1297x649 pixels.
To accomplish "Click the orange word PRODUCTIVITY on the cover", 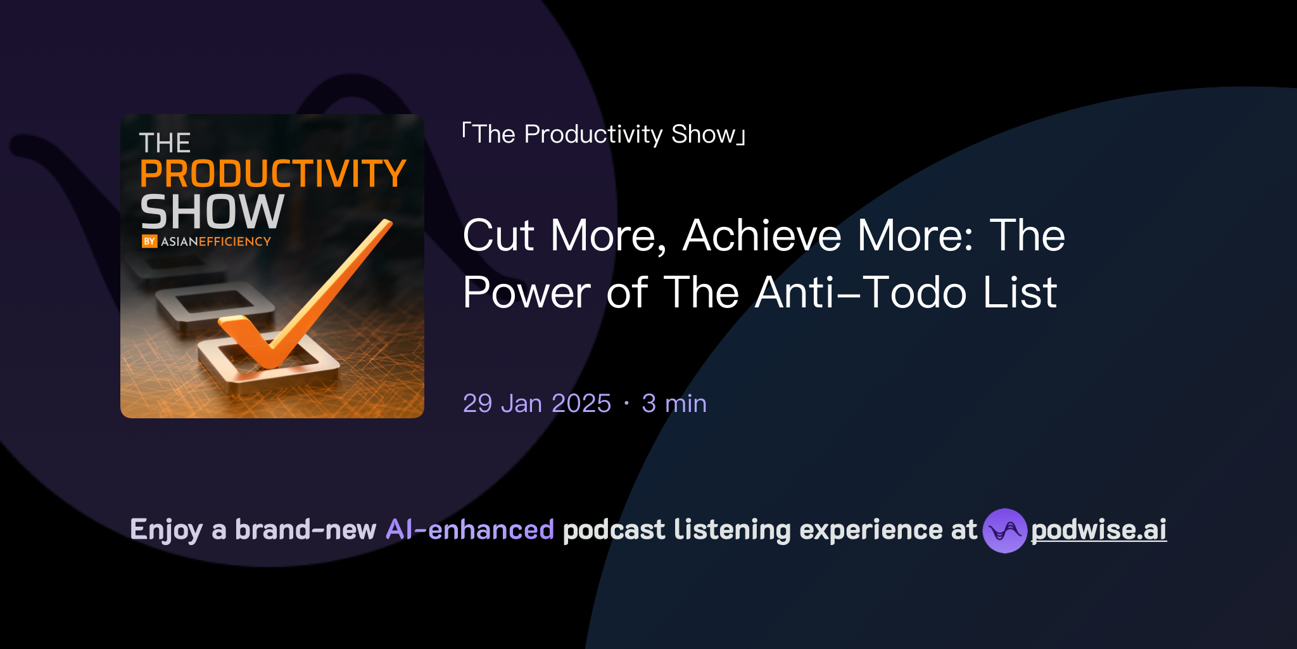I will pos(272,174).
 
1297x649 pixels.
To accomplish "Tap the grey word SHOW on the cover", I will pos(212,212).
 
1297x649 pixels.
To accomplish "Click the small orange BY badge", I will pos(149,241).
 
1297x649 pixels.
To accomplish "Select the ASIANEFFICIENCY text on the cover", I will pos(216,241).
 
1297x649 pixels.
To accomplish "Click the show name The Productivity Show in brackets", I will pos(604,134).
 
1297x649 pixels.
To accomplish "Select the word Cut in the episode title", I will pos(498,236).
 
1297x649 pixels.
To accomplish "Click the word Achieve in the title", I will pos(762,236).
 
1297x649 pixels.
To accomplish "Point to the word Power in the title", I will pos(526,293).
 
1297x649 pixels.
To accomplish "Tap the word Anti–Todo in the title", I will pos(861,293).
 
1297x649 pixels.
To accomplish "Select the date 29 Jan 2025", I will pos(536,404).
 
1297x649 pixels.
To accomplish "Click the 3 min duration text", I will pos(674,404).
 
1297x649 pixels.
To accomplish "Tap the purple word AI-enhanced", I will pos(470,530).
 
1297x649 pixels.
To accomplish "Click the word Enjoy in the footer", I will pos(166,530).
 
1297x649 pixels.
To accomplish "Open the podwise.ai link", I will pos(1099,530).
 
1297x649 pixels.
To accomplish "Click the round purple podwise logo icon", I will pos(1004,530).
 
